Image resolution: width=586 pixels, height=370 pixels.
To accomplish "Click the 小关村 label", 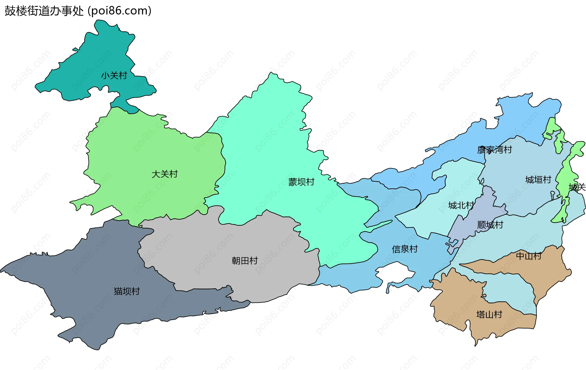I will tap(114, 75).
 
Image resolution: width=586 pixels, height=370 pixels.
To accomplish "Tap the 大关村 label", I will tap(165, 174).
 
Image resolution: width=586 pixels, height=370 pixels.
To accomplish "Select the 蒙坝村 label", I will tap(301, 182).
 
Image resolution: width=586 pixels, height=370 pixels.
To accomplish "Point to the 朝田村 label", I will tap(244, 261).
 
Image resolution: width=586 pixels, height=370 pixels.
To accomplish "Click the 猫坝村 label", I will tap(127, 291).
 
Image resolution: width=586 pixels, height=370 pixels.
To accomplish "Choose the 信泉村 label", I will tap(405, 249).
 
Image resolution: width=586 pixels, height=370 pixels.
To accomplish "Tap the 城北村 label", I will tap(461, 205).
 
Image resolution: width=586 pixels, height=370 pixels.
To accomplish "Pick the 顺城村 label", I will tap(490, 225).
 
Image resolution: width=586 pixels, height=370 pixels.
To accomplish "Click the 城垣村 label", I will tap(538, 180).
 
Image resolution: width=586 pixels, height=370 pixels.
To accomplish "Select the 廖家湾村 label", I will tap(494, 150).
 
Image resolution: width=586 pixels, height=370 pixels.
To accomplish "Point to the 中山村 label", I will tap(529, 256).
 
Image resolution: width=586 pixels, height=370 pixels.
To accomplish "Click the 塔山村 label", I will tap(489, 314).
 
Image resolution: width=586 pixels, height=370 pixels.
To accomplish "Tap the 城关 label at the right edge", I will tap(577, 187).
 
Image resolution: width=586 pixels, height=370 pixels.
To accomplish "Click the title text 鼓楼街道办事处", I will tap(44, 11).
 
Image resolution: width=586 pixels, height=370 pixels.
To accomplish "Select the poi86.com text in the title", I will tap(119, 11).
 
